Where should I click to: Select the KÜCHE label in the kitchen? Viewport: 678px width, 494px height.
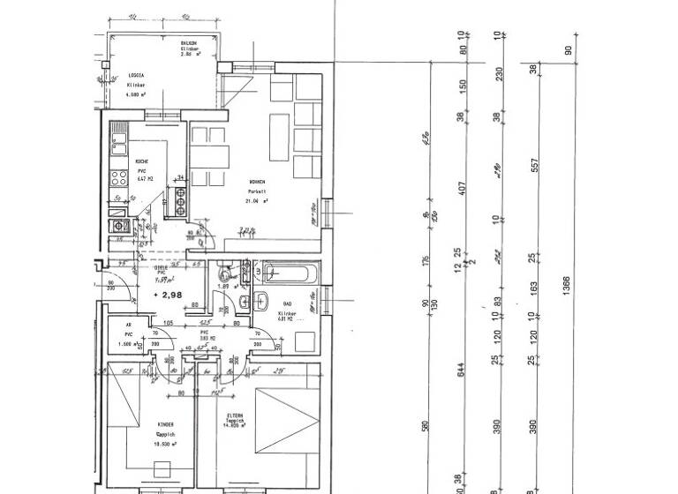pyautogui.click(x=141, y=161)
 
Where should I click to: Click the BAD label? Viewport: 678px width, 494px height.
pyautogui.click(x=287, y=304)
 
